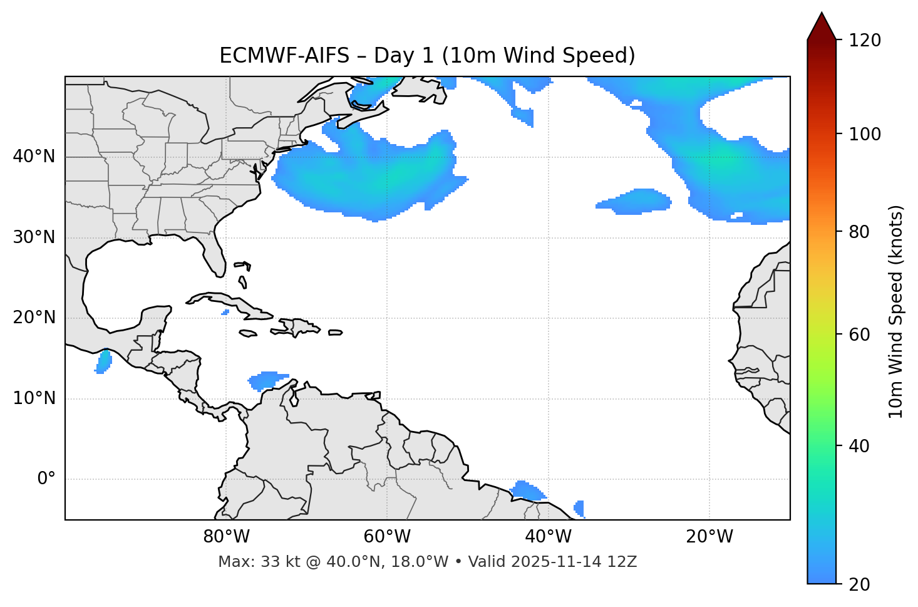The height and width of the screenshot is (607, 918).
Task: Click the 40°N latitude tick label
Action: (34, 157)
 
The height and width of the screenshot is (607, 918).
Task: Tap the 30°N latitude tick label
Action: (34, 237)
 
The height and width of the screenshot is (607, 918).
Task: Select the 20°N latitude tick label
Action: (34, 318)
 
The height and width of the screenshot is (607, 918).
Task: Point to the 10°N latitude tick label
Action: (34, 398)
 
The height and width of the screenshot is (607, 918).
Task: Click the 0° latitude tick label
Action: (46, 479)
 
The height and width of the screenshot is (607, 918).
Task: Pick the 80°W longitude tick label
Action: (226, 537)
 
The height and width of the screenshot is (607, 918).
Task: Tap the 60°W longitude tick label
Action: (387, 537)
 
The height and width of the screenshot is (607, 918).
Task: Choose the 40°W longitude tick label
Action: (548, 537)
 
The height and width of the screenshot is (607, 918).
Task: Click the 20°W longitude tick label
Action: (709, 537)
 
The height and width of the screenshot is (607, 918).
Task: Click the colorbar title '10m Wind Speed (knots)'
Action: (896, 312)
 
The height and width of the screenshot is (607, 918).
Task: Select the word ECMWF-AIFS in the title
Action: (284, 56)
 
